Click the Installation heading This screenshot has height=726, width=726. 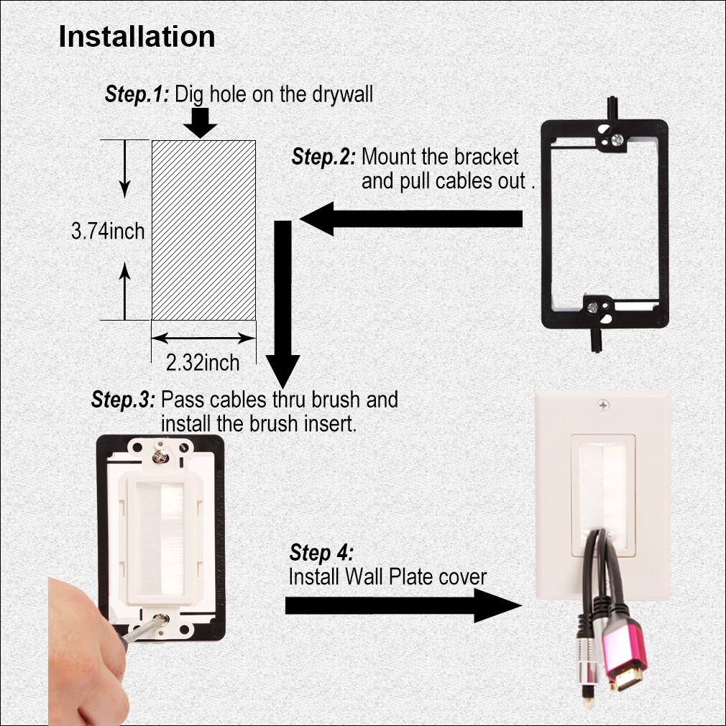tap(137, 37)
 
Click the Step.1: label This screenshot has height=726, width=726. tap(137, 93)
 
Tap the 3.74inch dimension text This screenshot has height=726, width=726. tap(108, 231)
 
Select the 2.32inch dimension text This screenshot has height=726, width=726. tap(203, 362)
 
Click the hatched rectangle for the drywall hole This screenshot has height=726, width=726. tap(203, 229)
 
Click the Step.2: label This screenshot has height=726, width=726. tap(324, 157)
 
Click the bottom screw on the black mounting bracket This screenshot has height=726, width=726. tap(593, 307)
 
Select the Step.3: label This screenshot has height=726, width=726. tap(123, 400)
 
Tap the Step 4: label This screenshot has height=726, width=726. tap(321, 553)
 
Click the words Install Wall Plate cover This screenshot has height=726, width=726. tap(387, 576)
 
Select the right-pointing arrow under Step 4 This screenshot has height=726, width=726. tap(403, 605)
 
